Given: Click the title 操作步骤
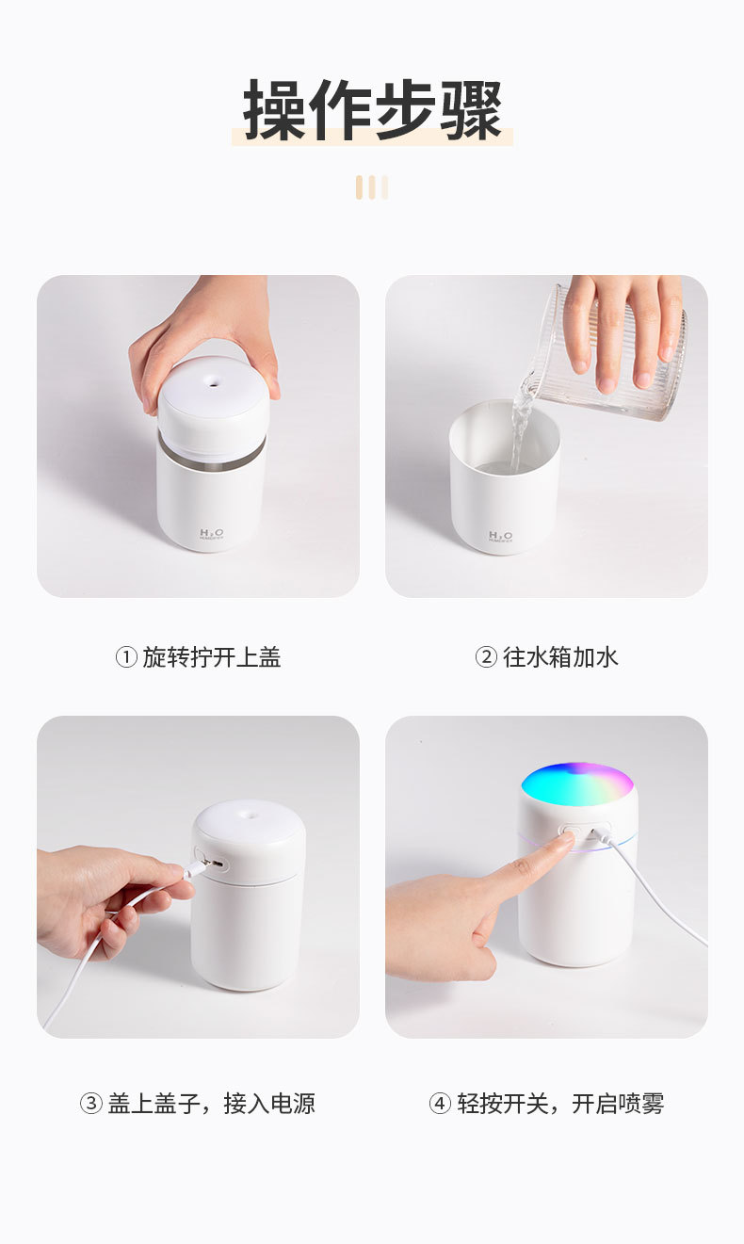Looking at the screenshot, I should (372, 110).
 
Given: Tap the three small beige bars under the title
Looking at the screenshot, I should (372, 187).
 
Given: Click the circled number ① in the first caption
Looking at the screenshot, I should (126, 657).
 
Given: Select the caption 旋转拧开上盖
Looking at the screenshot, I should (212, 657).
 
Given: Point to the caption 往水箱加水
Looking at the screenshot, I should (560, 657).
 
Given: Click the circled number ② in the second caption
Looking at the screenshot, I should (486, 657).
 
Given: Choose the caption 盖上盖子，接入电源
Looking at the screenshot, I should (211, 1103).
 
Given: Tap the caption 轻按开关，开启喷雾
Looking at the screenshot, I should (560, 1103).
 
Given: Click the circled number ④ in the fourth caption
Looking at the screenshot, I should (440, 1103).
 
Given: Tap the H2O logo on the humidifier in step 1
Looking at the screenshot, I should (211, 535).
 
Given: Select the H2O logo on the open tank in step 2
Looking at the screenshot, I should (501, 537).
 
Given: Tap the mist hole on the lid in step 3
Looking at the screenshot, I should (248, 808).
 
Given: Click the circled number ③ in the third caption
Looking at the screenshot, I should (90, 1103).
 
